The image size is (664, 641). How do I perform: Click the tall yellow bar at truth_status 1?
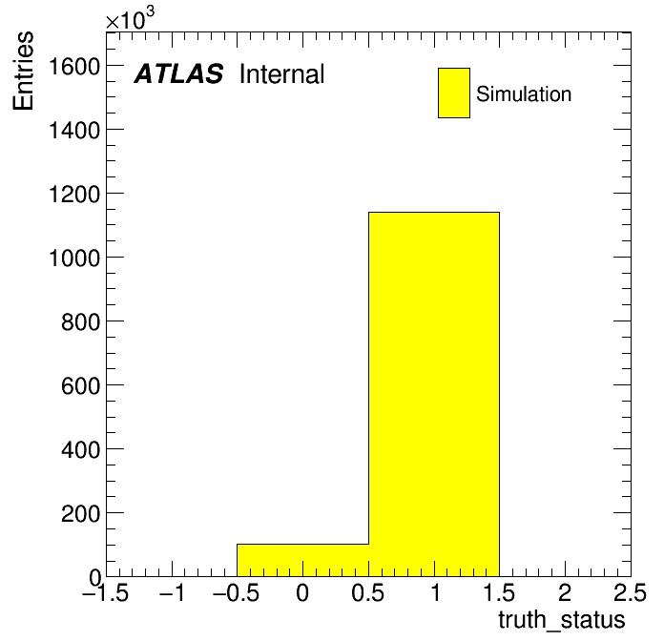[434, 394]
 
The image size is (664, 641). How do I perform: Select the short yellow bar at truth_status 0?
[302, 560]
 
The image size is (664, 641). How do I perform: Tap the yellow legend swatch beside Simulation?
[454, 93]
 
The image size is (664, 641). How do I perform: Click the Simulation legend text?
[524, 93]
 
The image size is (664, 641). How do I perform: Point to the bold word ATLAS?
[178, 73]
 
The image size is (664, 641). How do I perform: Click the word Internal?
[282, 73]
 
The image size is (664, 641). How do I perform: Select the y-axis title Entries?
[23, 71]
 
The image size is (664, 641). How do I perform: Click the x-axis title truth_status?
[562, 620]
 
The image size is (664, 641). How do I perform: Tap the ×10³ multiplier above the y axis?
[130, 18]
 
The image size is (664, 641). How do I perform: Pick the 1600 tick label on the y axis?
[74, 66]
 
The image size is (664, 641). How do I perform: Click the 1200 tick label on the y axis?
[74, 195]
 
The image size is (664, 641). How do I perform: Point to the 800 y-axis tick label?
[81, 322]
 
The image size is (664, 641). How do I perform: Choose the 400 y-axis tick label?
[81, 449]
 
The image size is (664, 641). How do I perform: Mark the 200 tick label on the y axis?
[81, 514]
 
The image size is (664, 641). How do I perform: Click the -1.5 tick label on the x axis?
[106, 592]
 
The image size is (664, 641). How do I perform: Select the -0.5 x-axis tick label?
[237, 592]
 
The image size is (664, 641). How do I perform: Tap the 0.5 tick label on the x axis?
[368, 592]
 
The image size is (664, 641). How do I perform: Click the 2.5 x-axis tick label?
[630, 592]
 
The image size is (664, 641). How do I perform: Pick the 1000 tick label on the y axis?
[74, 258]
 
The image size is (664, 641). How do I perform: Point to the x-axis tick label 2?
[565, 592]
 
